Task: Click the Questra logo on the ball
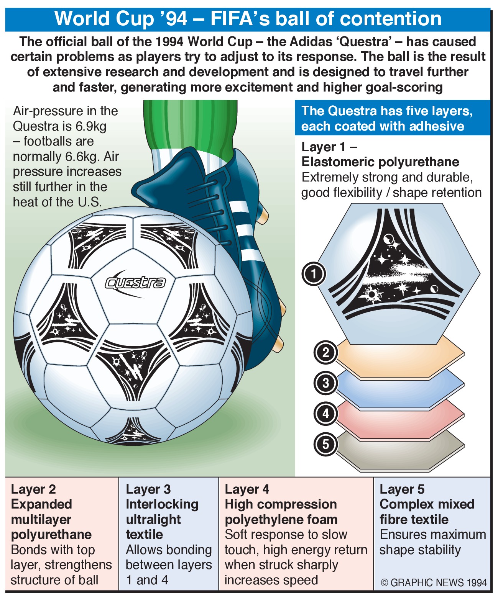pyautogui.click(x=135, y=283)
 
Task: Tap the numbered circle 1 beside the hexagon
pyautogui.click(x=314, y=274)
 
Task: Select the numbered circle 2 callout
pyautogui.click(x=325, y=353)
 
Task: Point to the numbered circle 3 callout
pyautogui.click(x=325, y=383)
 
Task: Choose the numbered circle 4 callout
pyautogui.click(x=325, y=414)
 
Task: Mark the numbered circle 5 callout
pyautogui.click(x=325, y=444)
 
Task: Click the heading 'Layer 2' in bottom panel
pyautogui.click(x=33, y=489)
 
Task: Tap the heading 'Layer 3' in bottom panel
pyautogui.click(x=148, y=489)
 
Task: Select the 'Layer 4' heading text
pyautogui.click(x=247, y=489)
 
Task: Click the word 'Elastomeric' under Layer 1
pyautogui.click(x=338, y=162)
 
